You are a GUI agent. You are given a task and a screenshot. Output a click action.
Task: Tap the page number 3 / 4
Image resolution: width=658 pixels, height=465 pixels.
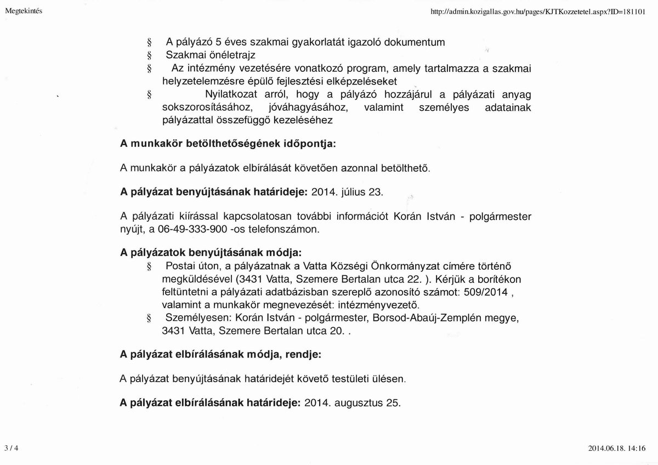click(x=11, y=448)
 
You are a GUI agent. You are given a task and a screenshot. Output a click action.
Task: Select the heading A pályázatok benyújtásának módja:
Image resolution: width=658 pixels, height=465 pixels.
click(x=211, y=253)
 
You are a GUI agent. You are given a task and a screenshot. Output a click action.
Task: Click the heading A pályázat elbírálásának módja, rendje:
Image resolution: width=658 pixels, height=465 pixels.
click(x=220, y=354)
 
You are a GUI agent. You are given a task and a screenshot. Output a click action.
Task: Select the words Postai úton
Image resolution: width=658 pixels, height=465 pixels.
click(x=189, y=267)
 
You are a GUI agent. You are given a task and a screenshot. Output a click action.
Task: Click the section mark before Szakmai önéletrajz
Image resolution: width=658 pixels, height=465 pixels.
click(x=148, y=55)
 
